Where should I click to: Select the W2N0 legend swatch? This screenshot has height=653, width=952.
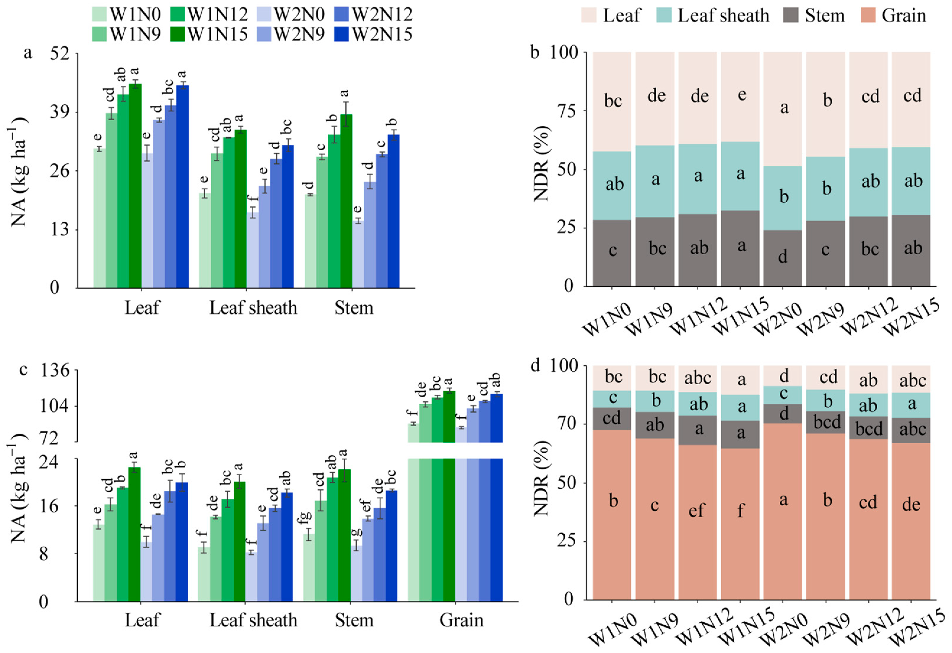pos(264,14)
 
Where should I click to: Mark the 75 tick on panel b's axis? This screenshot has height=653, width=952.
pos(566,111)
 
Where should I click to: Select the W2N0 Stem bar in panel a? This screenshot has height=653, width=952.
pos(358,254)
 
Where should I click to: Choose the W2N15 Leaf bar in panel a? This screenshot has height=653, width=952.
pos(183,186)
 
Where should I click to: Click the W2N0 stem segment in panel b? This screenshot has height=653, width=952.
pos(782,258)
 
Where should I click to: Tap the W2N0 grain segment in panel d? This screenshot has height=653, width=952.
pos(782,512)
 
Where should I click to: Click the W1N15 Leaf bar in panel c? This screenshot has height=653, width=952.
pos(134,534)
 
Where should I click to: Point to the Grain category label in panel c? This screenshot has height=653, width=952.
pos(461,620)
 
